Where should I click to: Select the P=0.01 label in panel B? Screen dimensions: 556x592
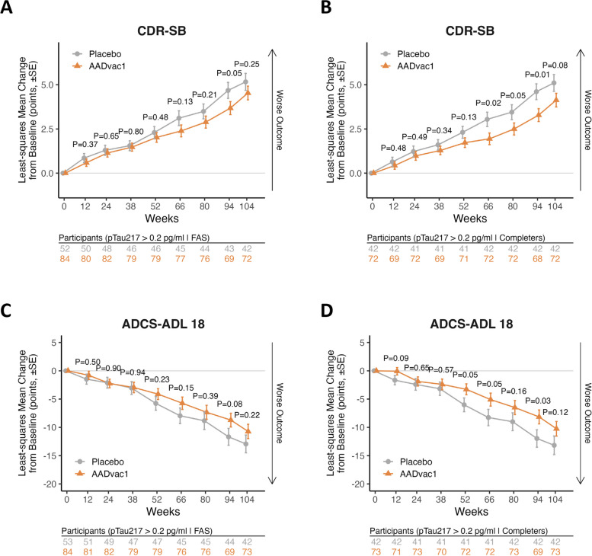tap(540, 76)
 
